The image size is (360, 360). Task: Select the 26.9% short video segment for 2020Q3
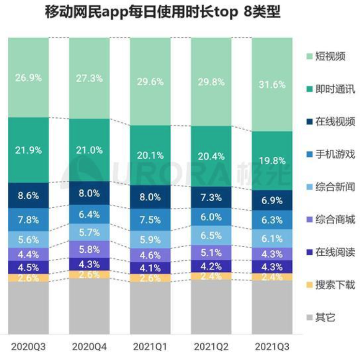[x=28, y=78]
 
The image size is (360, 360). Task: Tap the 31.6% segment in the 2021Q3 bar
[x=272, y=85]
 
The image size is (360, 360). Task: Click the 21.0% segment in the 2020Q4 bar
[x=89, y=150]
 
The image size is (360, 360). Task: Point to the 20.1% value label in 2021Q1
[x=150, y=155]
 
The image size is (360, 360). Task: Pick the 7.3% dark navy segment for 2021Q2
[x=211, y=197]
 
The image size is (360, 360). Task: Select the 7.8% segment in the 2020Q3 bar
[x=28, y=220]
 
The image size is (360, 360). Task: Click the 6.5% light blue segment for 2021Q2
[x=211, y=236]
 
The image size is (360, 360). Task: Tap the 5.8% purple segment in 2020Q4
[x=89, y=250]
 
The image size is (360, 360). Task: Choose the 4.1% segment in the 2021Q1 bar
[x=150, y=268]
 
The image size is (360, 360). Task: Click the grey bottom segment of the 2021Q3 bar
[x=272, y=307]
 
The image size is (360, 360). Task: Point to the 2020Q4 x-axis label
[x=89, y=347]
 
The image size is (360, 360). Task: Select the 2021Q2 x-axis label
[x=211, y=347]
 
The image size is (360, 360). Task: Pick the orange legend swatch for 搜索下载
[x=308, y=285]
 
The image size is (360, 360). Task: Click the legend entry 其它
[x=325, y=317]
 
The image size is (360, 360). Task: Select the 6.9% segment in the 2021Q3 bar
[x=272, y=201]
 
